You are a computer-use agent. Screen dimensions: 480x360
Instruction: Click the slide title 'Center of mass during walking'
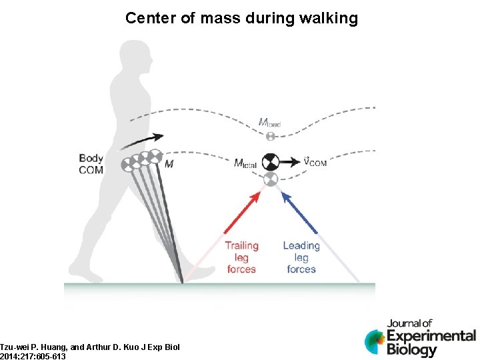(241, 18)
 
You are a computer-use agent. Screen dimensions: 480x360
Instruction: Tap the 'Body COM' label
(91, 164)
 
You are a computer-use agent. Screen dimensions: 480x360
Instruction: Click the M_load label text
(270, 123)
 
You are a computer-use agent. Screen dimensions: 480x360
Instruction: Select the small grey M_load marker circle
(271, 136)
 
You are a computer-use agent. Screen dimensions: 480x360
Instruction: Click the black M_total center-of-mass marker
(270, 162)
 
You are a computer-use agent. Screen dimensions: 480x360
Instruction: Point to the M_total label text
(245, 163)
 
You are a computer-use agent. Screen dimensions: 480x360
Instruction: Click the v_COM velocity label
(315, 162)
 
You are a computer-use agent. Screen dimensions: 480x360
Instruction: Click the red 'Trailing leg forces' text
(241, 257)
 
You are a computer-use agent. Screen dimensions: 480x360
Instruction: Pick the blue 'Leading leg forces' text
(301, 257)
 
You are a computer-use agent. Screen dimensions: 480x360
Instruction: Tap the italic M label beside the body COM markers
(169, 164)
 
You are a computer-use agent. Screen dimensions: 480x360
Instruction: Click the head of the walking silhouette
(130, 56)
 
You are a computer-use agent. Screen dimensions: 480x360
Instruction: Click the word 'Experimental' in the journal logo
(431, 335)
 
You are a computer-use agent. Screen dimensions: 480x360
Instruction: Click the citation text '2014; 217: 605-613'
(33, 356)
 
